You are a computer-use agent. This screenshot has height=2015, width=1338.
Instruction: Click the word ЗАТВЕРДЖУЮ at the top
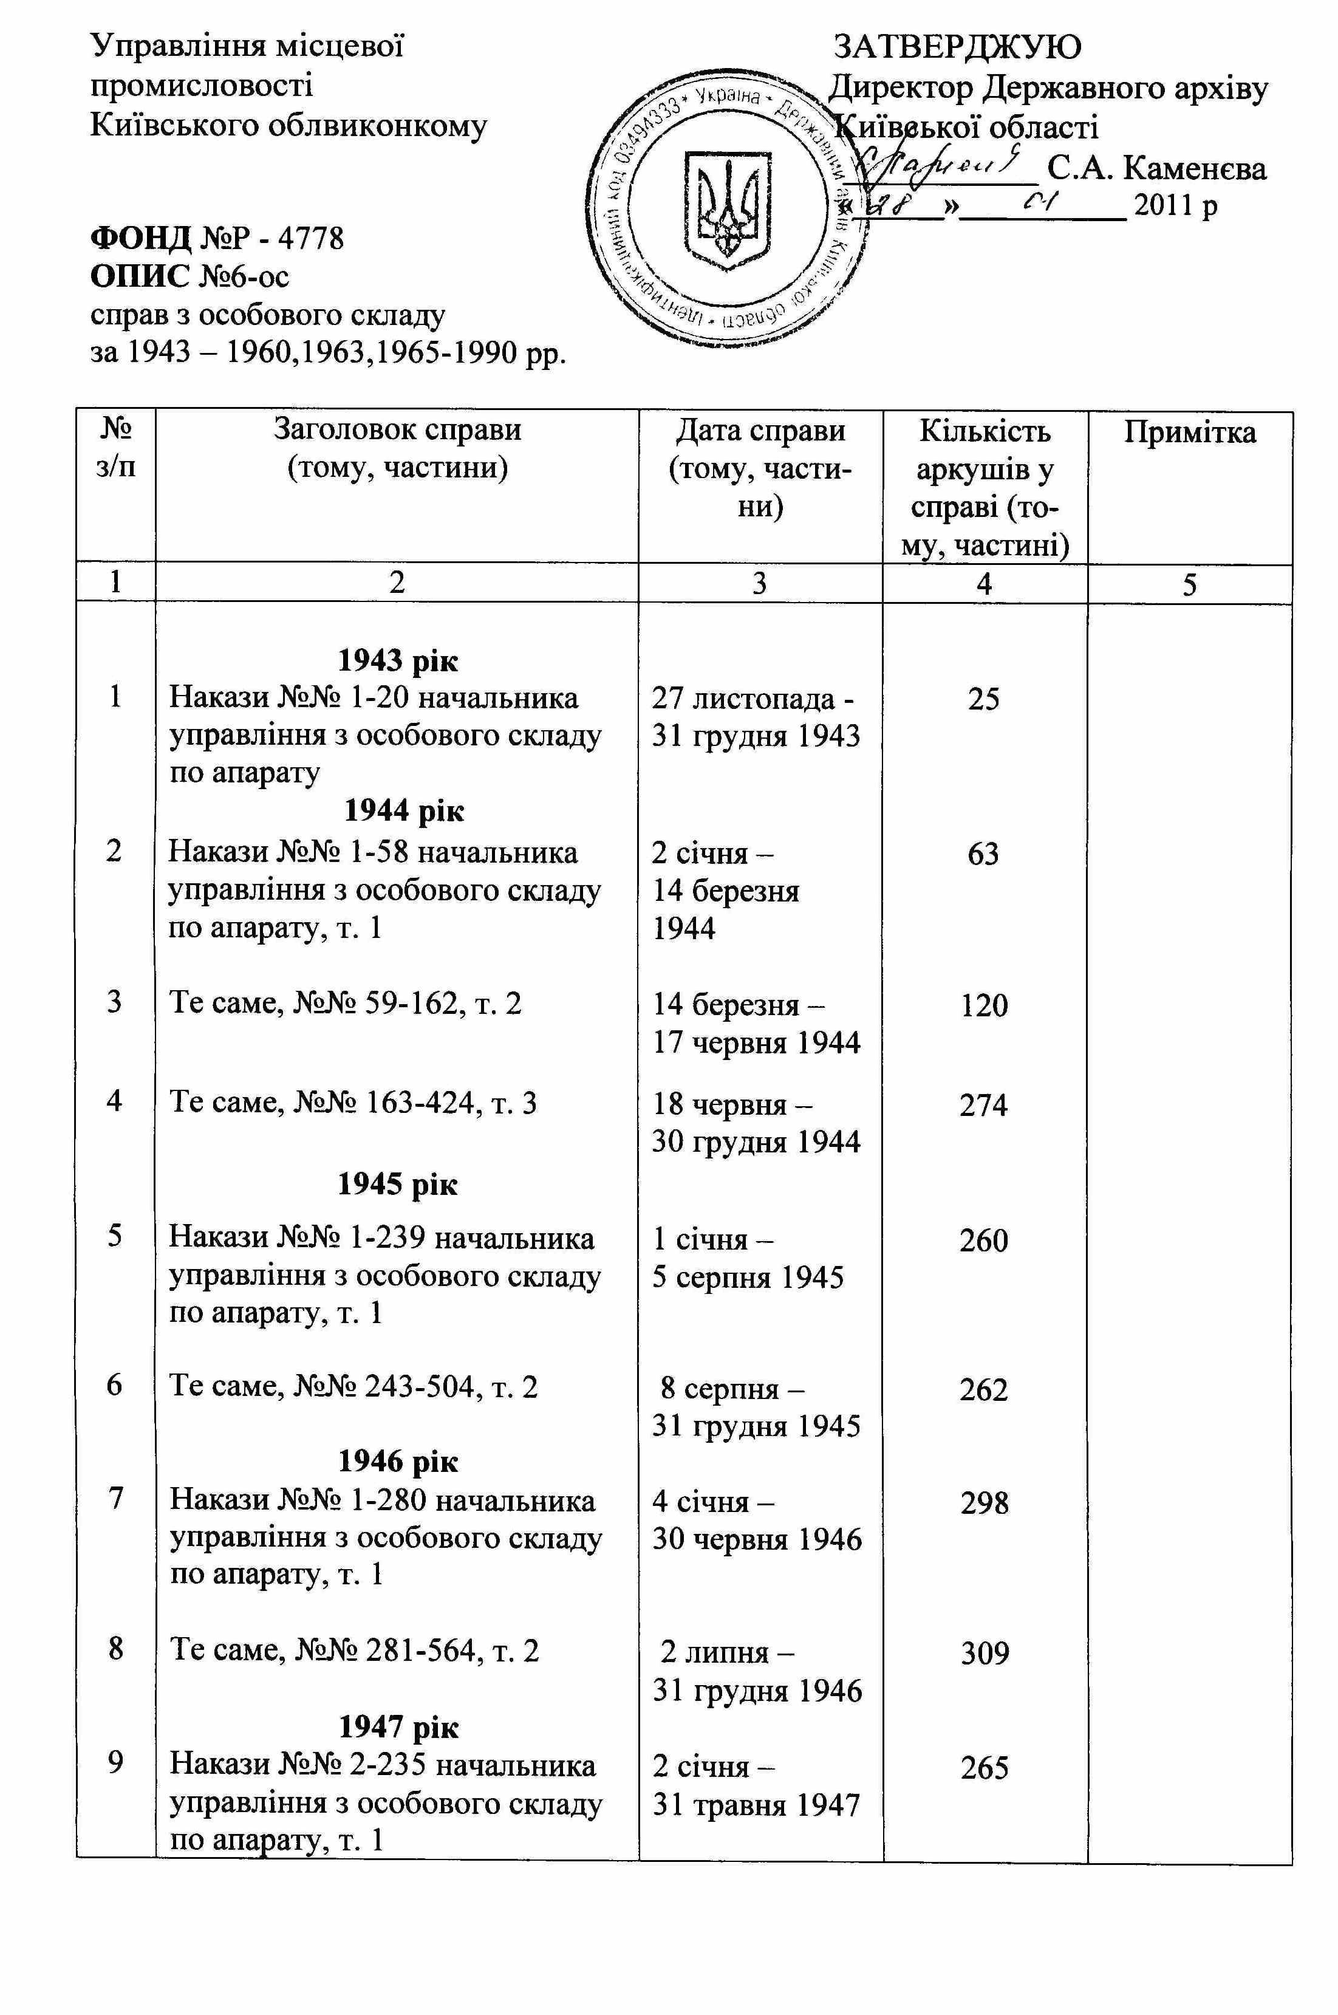point(957,47)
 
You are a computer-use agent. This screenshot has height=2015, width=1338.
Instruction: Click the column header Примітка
point(1190,433)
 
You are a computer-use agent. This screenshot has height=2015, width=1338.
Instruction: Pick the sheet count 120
point(984,1006)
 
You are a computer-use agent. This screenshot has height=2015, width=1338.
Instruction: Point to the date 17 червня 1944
point(756,1043)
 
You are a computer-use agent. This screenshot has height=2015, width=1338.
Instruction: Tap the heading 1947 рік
point(398,1728)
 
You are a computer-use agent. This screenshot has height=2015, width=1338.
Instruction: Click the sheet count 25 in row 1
point(984,700)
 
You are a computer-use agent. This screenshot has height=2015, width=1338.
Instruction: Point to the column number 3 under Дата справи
point(759,583)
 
